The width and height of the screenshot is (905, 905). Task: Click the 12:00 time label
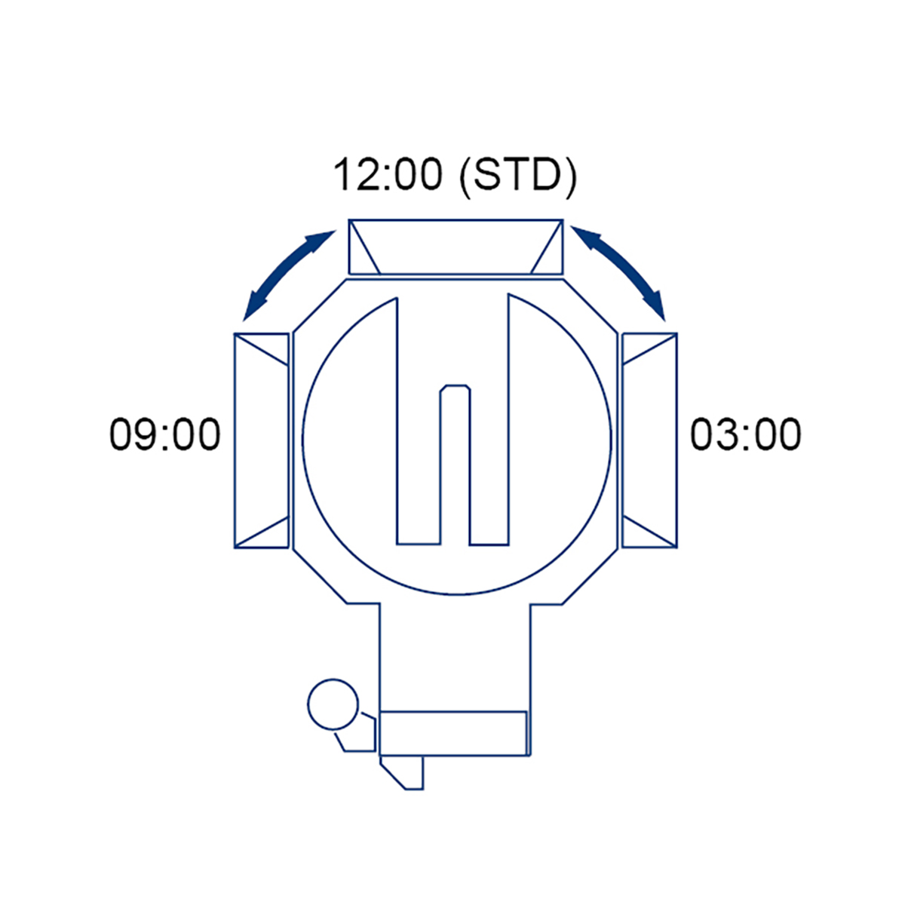click(x=388, y=175)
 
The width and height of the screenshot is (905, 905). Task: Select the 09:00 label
click(x=165, y=435)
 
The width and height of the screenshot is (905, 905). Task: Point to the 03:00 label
click(x=746, y=435)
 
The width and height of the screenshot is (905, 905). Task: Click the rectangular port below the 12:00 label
click(x=456, y=247)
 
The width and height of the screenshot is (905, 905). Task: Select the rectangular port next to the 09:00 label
click(x=262, y=440)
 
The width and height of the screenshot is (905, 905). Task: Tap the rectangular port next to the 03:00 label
click(x=649, y=440)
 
